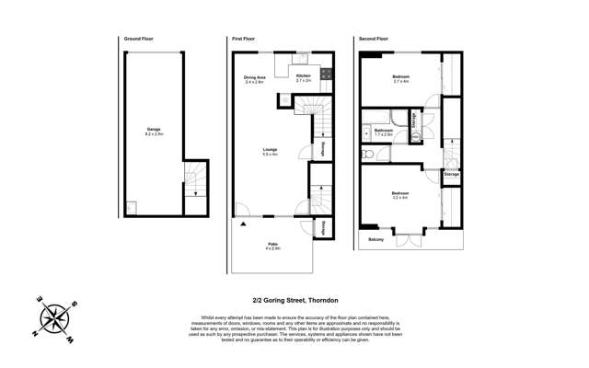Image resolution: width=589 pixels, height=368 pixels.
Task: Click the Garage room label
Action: [154, 130]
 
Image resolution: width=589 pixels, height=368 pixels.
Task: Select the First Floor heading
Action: [243, 40]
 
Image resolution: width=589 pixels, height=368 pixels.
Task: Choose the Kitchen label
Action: [304, 76]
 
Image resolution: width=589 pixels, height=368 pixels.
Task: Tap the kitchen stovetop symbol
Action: [303, 60]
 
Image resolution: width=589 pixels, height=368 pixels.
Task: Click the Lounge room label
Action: [271, 151]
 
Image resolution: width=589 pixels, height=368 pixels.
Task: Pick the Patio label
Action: [272, 244]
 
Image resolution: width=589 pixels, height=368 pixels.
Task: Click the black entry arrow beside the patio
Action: [243, 223]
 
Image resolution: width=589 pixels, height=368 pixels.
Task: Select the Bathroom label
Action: [384, 131]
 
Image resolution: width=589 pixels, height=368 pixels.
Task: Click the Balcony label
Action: [375, 239]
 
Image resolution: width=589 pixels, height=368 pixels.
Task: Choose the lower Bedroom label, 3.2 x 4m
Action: [400, 194]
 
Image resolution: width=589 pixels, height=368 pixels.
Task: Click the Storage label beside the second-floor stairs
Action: [451, 173]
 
